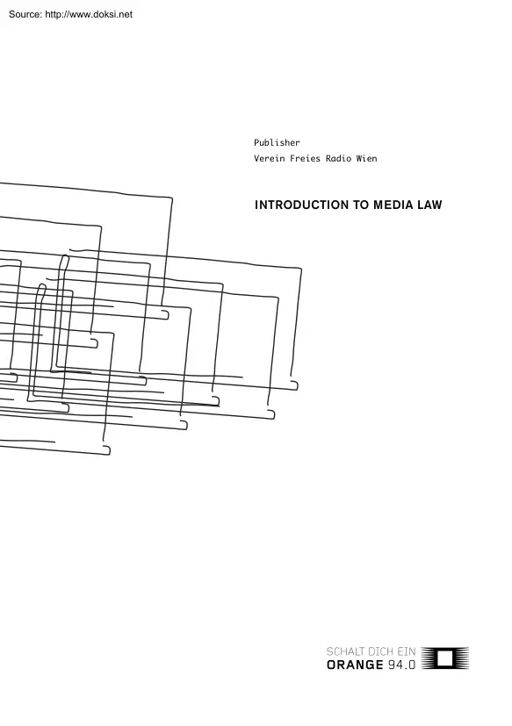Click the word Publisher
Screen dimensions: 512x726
277,142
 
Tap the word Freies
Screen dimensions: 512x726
305,158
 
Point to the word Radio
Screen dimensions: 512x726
338,158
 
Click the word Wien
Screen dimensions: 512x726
366,158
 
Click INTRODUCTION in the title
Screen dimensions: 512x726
301,205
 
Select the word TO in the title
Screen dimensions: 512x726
360,205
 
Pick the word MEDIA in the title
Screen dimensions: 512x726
393,205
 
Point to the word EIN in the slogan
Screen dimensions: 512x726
407,652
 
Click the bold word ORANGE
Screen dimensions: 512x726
355,665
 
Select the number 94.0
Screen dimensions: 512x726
401,665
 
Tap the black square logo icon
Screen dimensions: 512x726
444,658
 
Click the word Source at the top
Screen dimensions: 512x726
24,14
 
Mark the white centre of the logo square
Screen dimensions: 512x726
444,658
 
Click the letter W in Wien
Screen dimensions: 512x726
359,158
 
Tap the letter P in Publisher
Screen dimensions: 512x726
256,142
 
